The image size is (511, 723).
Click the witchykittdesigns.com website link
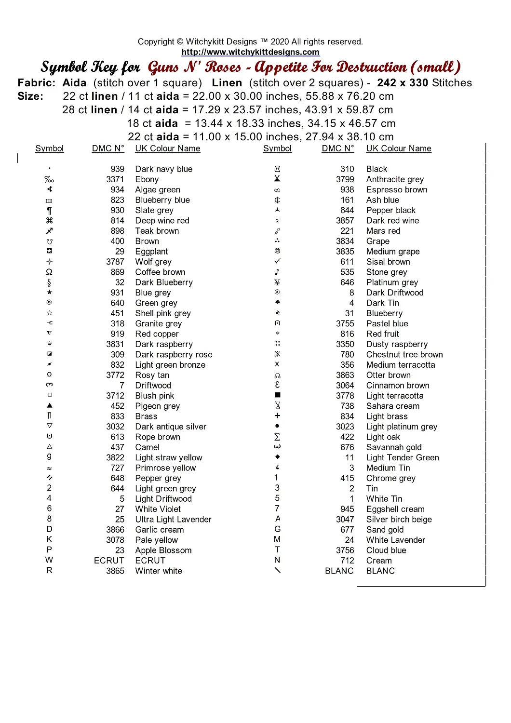tap(250, 52)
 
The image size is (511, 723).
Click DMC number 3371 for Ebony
tap(115, 179)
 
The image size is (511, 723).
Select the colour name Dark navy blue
tap(163, 169)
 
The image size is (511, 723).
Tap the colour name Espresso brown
tap(396, 190)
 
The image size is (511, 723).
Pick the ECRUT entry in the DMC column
tap(109, 561)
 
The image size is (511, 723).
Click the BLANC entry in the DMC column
tap(339, 571)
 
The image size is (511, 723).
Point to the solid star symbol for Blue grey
tap(49, 293)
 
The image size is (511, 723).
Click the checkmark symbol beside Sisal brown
tap(277, 261)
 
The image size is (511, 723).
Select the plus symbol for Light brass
tap(277, 416)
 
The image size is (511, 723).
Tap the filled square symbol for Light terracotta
tap(277, 395)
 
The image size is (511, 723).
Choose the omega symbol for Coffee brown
tap(49, 272)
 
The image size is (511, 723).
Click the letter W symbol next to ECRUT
tap(49, 560)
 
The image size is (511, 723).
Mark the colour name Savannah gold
tap(393, 447)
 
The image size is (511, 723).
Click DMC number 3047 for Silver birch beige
tap(345, 520)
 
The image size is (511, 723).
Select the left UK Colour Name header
tap(167, 148)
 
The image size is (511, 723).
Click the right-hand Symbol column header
tap(277, 148)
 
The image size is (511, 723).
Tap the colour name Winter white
tap(159, 571)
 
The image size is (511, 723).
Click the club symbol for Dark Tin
tap(277, 303)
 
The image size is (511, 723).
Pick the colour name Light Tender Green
tap(402, 458)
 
